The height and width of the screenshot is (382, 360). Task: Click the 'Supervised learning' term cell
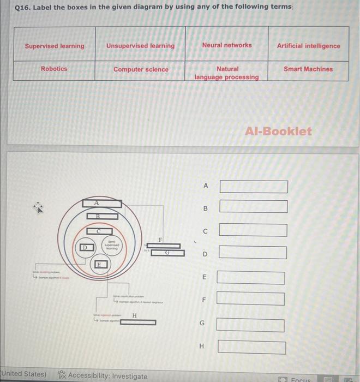tap(55, 46)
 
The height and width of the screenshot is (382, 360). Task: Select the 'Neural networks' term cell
tap(227, 45)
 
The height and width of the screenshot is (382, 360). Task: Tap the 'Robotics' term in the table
tap(54, 69)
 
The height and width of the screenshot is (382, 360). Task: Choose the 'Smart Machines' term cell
tap(308, 69)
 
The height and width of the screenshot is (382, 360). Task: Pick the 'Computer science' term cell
tap(141, 69)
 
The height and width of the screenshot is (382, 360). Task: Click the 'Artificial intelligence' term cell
tap(308, 46)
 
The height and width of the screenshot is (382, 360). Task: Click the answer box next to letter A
tap(254, 187)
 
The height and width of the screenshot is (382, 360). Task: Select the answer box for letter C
tap(253, 230)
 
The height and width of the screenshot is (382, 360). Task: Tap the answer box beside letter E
tap(251, 277)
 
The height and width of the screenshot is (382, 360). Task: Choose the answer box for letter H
tap(252, 347)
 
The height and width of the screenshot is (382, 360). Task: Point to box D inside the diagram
tap(83, 248)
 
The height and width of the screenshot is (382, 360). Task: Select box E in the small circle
tap(99, 265)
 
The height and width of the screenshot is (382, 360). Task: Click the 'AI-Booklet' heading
tap(278, 132)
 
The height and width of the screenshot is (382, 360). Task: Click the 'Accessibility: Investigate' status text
tap(107, 376)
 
